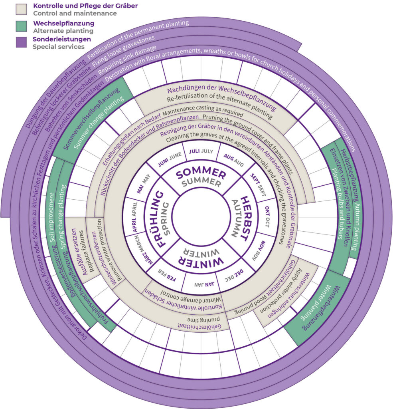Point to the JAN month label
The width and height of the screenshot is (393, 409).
point(199,284)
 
